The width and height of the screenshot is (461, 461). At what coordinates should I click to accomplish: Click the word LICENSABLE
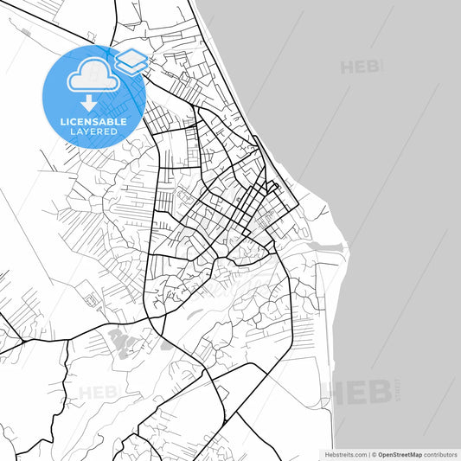click(x=94, y=122)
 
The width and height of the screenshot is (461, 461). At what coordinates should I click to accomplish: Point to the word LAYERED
click(x=94, y=132)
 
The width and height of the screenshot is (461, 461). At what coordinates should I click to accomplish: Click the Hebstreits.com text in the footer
click(x=345, y=454)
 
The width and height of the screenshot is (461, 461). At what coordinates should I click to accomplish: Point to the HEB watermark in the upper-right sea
click(x=362, y=66)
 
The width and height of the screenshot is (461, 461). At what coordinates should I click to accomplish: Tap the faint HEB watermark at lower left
click(x=95, y=393)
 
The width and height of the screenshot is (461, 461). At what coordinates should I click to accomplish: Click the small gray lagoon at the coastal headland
click(x=325, y=247)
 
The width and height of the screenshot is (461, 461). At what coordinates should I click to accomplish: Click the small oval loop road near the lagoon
click(x=304, y=231)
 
